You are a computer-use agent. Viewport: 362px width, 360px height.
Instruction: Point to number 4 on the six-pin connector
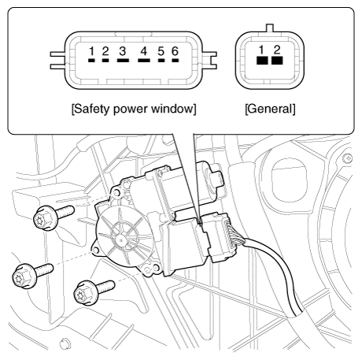point(144,51)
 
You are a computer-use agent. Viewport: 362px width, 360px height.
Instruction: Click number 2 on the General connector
point(277,50)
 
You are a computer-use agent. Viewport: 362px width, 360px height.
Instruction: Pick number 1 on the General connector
point(261,50)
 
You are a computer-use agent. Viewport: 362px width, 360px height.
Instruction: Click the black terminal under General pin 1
point(262,61)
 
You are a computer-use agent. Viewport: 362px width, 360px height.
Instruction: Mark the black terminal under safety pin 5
point(161,61)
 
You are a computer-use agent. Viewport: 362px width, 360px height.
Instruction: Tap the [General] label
point(270,109)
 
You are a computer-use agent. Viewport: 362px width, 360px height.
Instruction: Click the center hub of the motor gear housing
point(120,239)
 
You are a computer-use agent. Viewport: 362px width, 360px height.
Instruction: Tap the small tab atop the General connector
point(270,28)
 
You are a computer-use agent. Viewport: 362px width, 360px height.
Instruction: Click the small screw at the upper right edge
point(347,158)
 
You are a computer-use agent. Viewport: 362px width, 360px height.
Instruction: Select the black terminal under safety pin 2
point(105,61)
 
